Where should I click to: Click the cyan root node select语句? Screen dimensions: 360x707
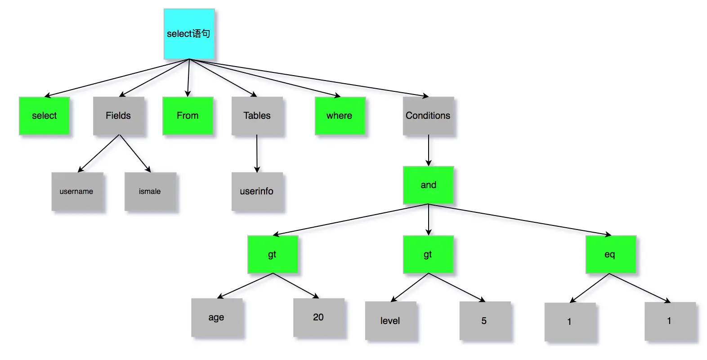189,34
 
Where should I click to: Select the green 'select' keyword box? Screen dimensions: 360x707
44,116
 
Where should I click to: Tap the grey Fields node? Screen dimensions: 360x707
118,116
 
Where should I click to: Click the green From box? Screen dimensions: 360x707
188,116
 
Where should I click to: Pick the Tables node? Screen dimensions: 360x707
257,116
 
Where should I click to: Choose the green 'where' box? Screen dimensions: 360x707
340,116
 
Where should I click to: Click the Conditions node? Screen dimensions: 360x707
428,116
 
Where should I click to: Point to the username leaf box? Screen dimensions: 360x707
77,191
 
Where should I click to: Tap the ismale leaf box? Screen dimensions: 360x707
150,191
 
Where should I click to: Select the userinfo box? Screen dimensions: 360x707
257,191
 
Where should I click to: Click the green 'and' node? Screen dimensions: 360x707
428,185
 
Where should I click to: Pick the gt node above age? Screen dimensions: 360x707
273,254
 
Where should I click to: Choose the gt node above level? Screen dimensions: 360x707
428,254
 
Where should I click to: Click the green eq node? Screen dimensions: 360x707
610,254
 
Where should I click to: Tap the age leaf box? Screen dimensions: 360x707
216,317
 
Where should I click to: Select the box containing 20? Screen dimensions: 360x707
318,317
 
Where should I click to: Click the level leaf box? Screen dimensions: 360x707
390,320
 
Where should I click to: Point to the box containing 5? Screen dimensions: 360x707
484,320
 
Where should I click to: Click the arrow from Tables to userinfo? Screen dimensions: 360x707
257,153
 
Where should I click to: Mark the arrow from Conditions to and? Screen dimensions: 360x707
429,151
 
